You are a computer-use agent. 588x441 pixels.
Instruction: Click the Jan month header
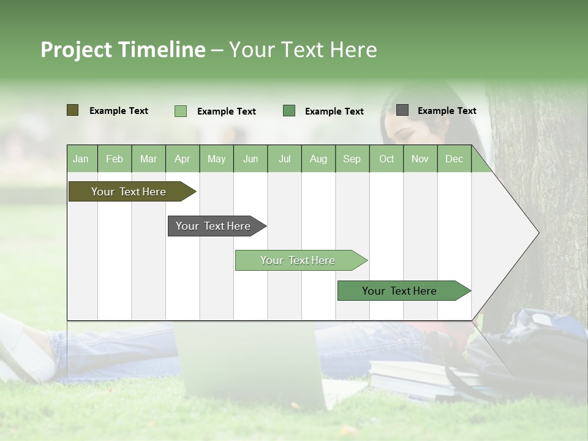tap(81, 159)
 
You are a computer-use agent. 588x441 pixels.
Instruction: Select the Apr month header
tap(183, 159)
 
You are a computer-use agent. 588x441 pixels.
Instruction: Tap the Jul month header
tap(284, 159)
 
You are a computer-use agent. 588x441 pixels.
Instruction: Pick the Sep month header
tap(352, 159)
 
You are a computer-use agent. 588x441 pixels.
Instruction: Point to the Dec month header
tap(454, 159)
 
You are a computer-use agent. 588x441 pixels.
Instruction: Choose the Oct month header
tap(386, 159)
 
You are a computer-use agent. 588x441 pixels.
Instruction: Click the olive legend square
tap(73, 110)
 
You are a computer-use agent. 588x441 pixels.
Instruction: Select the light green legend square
tap(181, 111)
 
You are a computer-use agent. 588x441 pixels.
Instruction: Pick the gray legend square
tap(402, 110)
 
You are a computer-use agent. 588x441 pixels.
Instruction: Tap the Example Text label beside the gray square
tap(447, 111)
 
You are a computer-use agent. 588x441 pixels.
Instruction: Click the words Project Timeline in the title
tap(123, 50)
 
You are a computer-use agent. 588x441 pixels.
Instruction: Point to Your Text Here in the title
tap(303, 50)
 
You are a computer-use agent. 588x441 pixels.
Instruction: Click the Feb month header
tap(115, 159)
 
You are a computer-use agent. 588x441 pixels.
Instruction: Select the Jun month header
tap(251, 159)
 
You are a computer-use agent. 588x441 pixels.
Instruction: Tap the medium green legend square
tap(289, 111)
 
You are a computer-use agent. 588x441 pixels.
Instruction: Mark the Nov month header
tap(420, 159)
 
